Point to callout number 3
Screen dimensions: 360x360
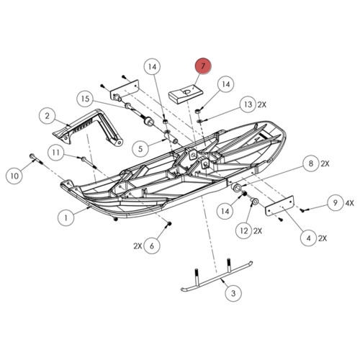[233, 294]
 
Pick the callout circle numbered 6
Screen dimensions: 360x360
[151, 246]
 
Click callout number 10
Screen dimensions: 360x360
[14, 174]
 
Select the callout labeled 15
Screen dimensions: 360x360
[85, 99]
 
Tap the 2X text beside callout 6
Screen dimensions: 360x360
[137, 246]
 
